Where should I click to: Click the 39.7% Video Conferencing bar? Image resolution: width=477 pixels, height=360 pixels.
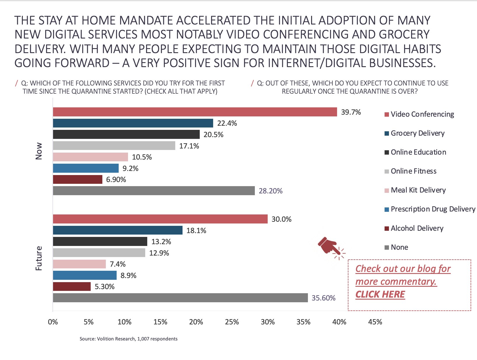pos(195,112)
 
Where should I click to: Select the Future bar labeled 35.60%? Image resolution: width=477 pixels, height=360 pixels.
pos(180,298)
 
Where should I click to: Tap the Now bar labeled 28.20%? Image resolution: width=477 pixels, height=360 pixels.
pos(154,191)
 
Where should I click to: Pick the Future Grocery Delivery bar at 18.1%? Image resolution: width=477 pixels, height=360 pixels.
pos(118,230)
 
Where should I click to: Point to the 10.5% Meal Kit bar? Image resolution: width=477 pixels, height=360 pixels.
pos(90,157)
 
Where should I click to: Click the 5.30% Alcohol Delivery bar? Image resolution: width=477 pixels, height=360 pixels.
pos(72,286)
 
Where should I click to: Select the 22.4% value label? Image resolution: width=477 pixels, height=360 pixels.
pos(227,123)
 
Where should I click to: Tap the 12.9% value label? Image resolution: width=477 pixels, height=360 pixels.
pos(159,253)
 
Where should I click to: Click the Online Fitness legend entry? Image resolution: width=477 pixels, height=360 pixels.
pos(413,171)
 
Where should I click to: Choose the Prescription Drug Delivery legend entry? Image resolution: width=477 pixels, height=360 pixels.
pos(433,209)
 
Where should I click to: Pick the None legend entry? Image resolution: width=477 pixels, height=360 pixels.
pos(399,247)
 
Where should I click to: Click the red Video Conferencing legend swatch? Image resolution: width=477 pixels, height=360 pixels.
pos(387,114)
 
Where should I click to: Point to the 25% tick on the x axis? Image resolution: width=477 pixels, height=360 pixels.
pos(232,322)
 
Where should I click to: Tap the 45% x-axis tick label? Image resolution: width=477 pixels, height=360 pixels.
pos(375,322)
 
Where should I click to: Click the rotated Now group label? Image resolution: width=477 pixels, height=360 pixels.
pos(39,151)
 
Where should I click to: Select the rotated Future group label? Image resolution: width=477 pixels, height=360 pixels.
pos(39,258)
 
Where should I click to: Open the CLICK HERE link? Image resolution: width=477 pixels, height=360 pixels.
pos(380,294)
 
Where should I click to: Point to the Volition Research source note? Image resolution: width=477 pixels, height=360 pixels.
pos(129,339)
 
